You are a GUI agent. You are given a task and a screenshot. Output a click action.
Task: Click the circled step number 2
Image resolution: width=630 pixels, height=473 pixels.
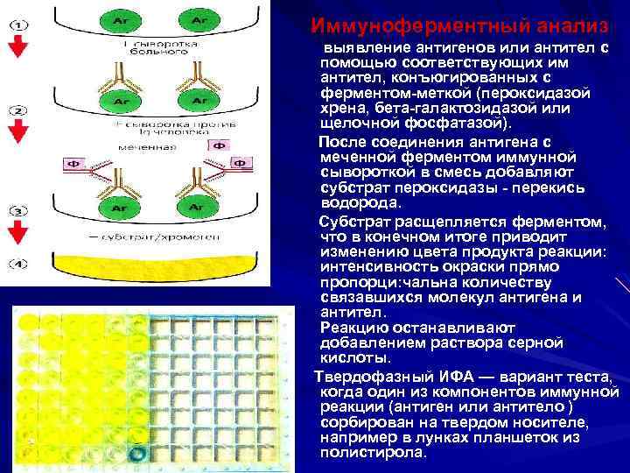point(17,113)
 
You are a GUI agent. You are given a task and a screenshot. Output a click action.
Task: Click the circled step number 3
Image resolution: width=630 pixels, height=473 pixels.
point(17,212)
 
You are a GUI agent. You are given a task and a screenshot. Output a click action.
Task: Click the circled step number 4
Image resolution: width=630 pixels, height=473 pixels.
point(17,264)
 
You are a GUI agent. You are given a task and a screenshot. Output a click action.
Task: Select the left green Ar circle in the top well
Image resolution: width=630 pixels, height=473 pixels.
point(117,19)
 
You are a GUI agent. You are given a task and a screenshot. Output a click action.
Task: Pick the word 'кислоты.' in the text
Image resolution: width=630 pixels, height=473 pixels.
point(353,359)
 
